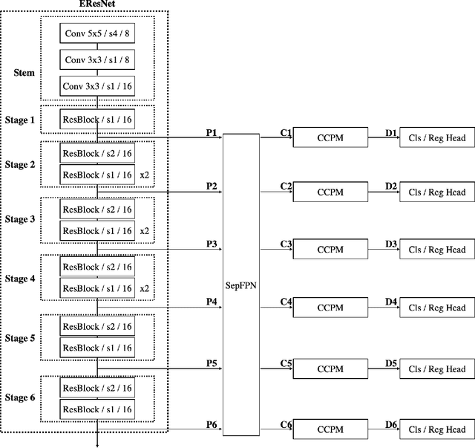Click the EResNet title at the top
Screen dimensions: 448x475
tap(97, 4)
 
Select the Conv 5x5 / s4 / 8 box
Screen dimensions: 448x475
tap(97, 33)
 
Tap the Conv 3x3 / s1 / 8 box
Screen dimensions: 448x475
tap(97, 60)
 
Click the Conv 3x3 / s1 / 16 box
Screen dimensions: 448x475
tap(97, 86)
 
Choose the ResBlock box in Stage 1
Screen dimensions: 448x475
tap(97, 119)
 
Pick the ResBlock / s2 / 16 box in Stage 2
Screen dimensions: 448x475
tap(97, 153)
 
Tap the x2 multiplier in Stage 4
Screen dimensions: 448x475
tap(145, 288)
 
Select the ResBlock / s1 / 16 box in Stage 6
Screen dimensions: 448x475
tap(97, 409)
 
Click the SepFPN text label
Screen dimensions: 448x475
tap(241, 284)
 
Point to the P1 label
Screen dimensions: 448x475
tap(212, 132)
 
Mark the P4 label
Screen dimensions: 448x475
tap(212, 301)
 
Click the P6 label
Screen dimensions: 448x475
tap(212, 424)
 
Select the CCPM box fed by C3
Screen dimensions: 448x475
tap(330, 250)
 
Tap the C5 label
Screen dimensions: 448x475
tap(286, 363)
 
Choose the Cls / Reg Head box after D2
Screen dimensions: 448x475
tap(437, 192)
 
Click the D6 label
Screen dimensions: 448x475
tap(391, 424)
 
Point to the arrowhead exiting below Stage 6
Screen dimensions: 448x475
tap(97, 444)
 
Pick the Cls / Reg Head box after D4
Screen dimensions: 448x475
tap(437, 308)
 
